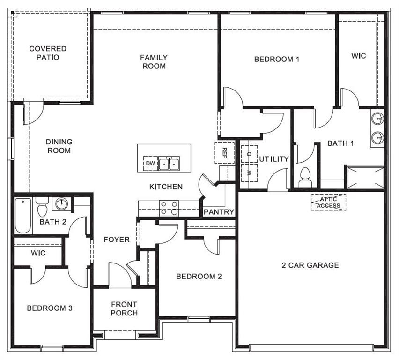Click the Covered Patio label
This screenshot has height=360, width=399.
pos(48,53)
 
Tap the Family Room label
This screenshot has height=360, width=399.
pos(154,62)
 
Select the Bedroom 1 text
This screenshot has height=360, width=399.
pos(277,59)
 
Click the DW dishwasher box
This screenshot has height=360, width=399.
pos(150,164)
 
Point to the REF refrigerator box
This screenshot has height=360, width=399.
pos(224,152)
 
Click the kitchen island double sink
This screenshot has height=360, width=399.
pos(169,164)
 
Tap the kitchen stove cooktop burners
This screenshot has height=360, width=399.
pos(169,208)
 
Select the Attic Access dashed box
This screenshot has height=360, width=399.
pos(328,202)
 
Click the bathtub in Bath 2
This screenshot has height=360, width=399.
pos(22,216)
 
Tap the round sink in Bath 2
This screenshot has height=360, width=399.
pos(61,204)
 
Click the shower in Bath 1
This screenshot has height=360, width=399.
pos(365,178)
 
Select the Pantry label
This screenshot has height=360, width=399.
pos(219,212)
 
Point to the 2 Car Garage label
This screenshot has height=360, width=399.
pos(310,265)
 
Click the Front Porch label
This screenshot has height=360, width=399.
pos(124,308)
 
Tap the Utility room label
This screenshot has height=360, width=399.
pos(274,159)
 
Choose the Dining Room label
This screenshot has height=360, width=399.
pos(59,146)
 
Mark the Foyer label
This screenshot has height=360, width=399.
pos(117,240)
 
